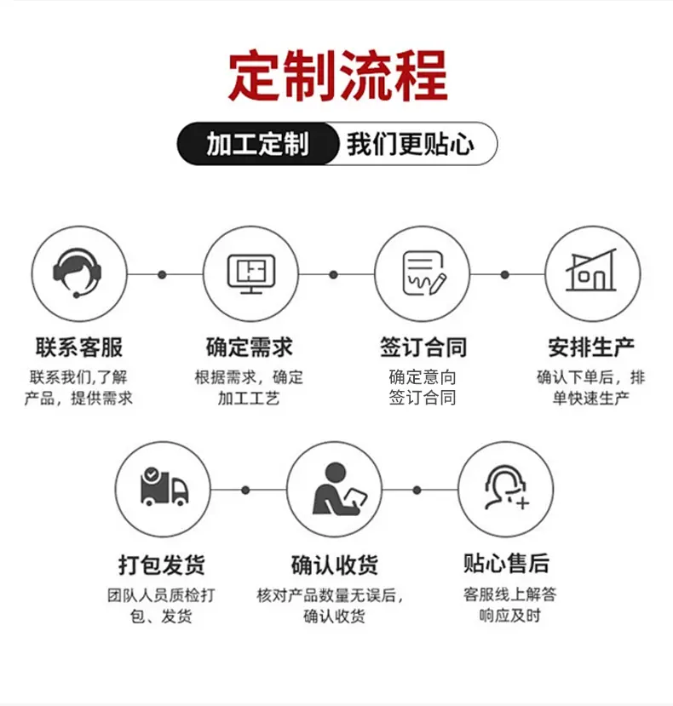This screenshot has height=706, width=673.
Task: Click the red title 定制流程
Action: tap(337, 76)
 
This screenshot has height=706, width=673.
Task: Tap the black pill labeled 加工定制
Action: tap(257, 144)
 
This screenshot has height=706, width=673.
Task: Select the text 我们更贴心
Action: tap(411, 144)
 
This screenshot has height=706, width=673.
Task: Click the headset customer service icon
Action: tap(77, 273)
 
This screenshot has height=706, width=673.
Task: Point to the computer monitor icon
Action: tap(251, 273)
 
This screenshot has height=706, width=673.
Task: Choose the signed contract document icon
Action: tap(423, 273)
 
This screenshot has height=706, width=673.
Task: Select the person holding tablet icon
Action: tap(340, 489)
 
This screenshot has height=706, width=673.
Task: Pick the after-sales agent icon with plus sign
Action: tap(507, 488)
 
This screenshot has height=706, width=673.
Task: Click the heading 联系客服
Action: tap(79, 347)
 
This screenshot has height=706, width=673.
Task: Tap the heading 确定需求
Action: tap(250, 347)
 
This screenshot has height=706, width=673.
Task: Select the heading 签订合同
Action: tap(423, 347)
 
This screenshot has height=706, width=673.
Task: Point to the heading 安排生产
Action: tap(591, 347)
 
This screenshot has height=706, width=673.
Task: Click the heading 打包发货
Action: tap(162, 564)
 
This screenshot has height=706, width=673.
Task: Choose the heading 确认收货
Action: tap(334, 564)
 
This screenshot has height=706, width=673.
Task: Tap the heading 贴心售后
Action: tap(507, 563)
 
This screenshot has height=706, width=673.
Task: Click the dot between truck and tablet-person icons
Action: tap(245, 490)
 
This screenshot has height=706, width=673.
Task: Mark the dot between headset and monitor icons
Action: tap(162, 275)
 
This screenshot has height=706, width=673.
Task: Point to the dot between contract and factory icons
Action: tap(505, 275)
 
